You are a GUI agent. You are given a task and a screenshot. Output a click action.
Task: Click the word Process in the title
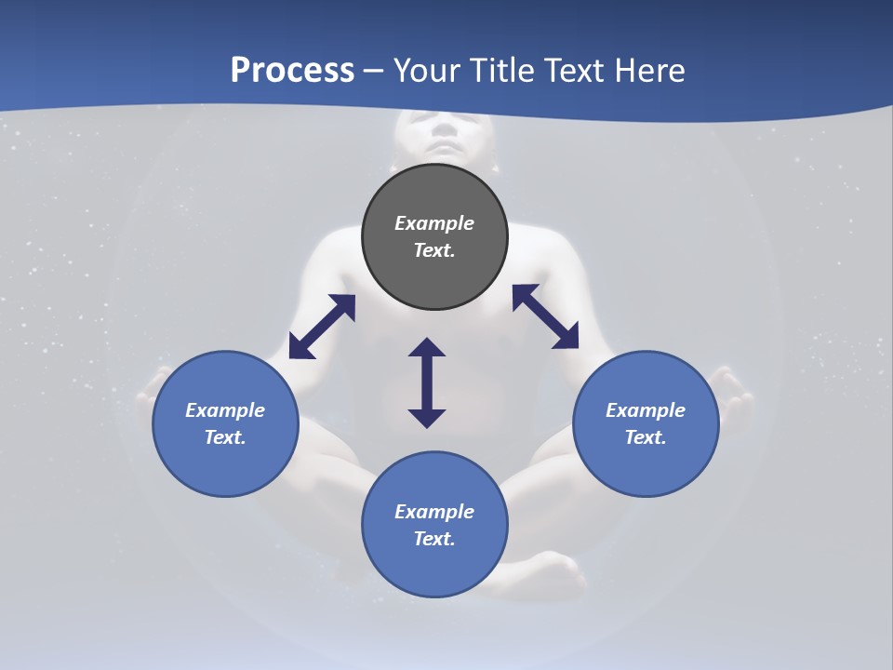click(x=292, y=70)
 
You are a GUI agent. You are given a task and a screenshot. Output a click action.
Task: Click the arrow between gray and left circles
click(x=322, y=327)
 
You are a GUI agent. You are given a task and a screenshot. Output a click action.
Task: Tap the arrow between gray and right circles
click(x=546, y=316)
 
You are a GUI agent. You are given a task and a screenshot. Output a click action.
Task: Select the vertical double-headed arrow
click(x=427, y=382)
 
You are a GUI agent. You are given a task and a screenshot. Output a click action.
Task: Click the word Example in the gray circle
click(x=434, y=223)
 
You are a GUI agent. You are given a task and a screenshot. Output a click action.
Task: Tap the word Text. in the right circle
click(x=646, y=437)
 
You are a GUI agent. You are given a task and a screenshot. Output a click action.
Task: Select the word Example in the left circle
click(x=225, y=410)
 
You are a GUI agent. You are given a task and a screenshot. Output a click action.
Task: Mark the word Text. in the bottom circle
click(x=434, y=539)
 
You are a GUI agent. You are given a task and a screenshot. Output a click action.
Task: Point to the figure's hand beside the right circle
click(x=735, y=395)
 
